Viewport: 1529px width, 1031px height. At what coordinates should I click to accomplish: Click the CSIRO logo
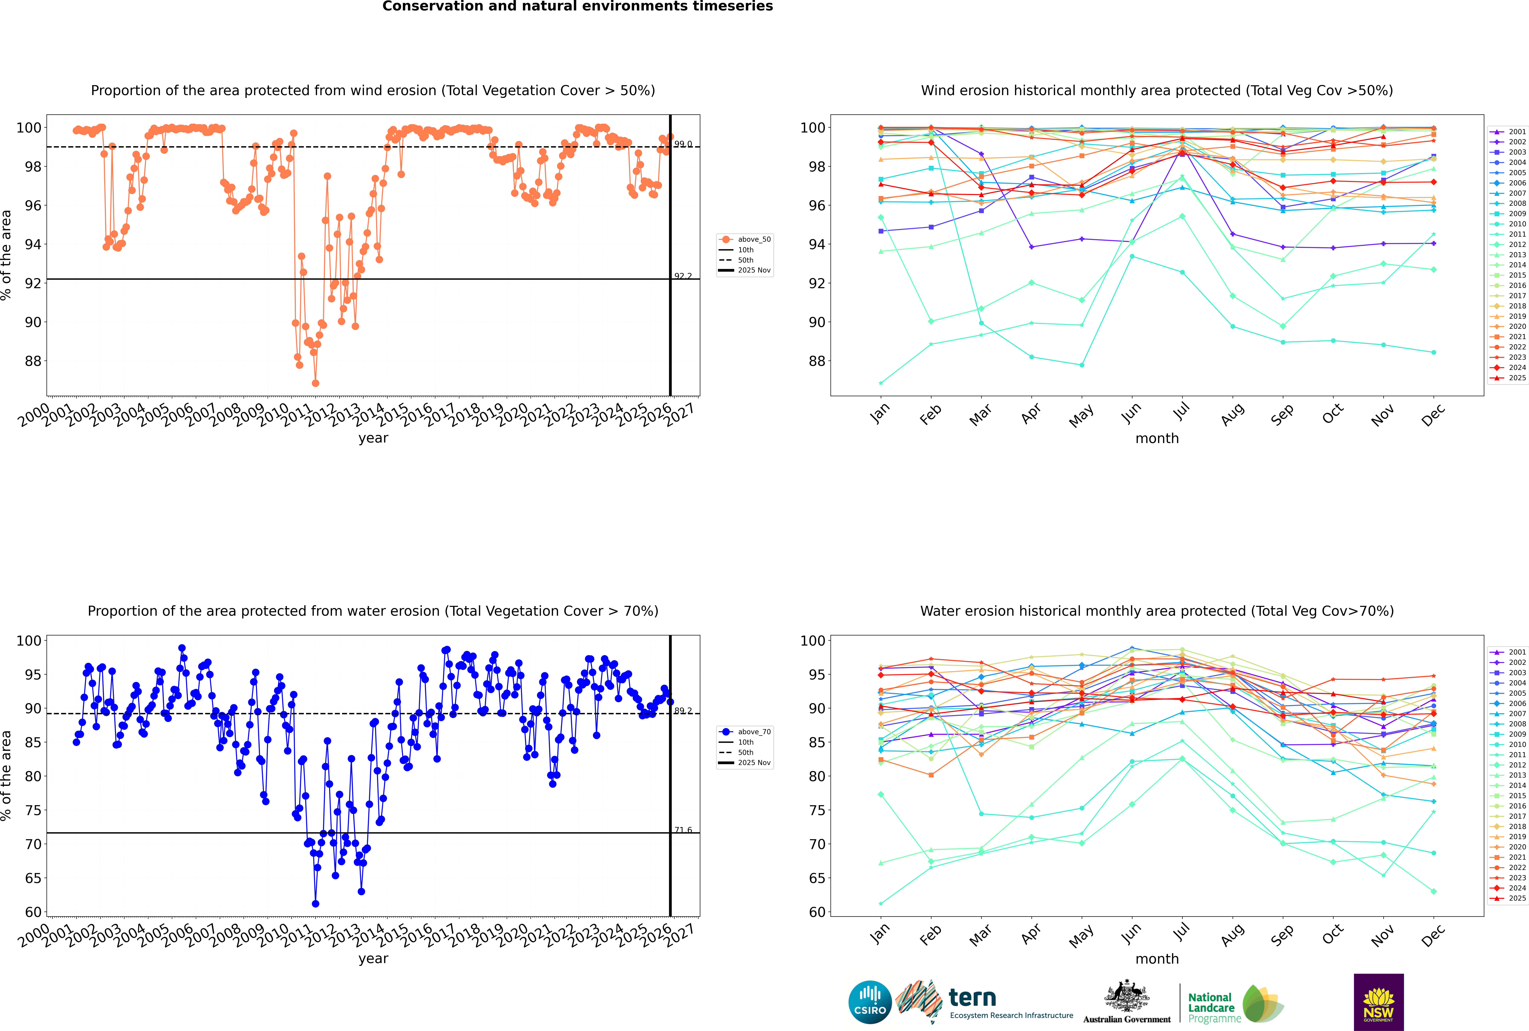pos(870,1002)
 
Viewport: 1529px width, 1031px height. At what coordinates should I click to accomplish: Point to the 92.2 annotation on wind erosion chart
pos(683,276)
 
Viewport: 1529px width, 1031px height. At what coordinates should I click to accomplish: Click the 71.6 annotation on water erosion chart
pos(683,830)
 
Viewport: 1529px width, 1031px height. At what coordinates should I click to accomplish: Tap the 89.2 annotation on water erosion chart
pos(683,711)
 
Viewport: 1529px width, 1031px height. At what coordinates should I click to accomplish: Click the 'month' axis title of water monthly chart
pos(1157,959)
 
